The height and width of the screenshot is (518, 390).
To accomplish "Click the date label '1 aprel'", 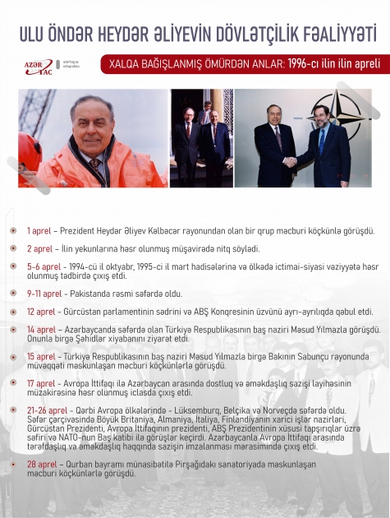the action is pyautogui.click(x=40, y=232).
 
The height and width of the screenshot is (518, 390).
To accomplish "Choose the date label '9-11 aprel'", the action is pyautogui.click(x=45, y=293).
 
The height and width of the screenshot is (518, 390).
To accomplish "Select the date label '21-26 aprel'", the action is pyautogui.click(x=46, y=409).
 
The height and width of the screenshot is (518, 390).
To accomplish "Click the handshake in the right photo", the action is pyautogui.click(x=291, y=161).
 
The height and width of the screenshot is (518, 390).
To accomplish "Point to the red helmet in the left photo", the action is pyautogui.click(x=29, y=152).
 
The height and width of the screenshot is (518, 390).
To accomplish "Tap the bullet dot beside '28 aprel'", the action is pyautogui.click(x=13, y=465).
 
